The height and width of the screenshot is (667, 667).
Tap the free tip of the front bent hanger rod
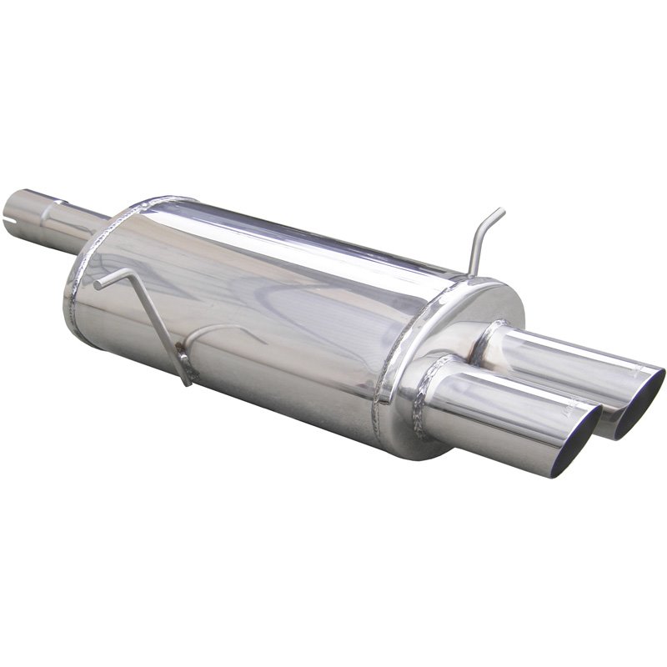click(98, 285)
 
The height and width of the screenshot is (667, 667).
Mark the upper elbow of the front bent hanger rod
click(128, 273)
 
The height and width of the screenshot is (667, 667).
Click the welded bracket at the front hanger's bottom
click(183, 375)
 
